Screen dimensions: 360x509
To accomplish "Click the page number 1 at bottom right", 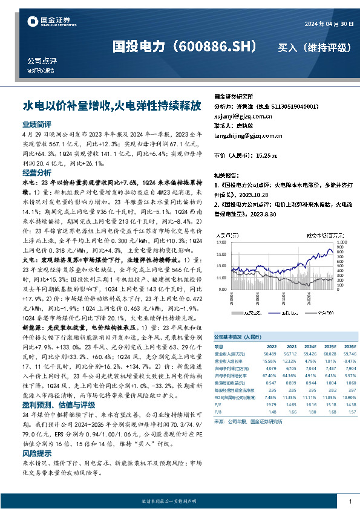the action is [350, 501].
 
